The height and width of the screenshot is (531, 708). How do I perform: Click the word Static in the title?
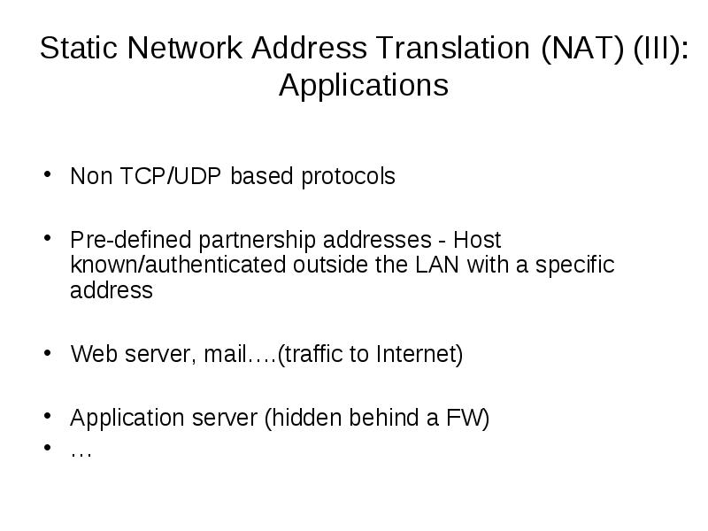(x=79, y=48)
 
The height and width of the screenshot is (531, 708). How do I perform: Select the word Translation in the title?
(x=453, y=48)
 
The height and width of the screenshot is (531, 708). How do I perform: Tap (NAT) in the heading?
(x=582, y=49)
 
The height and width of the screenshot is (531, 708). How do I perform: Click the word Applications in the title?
(x=364, y=86)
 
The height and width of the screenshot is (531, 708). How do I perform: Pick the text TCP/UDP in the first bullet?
(x=171, y=176)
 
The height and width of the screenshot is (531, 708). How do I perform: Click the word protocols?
(x=348, y=177)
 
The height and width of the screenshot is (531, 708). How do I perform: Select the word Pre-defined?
(x=131, y=240)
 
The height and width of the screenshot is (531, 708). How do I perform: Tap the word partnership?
(x=257, y=241)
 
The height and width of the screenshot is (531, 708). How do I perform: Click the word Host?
(x=477, y=240)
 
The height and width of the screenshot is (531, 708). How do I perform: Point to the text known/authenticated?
(x=179, y=265)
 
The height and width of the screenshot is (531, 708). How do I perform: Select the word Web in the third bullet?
(x=95, y=354)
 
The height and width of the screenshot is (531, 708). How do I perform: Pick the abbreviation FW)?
(x=468, y=418)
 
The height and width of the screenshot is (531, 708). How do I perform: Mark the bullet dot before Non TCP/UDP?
(x=48, y=173)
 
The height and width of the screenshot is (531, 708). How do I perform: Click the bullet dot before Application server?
(x=48, y=415)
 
